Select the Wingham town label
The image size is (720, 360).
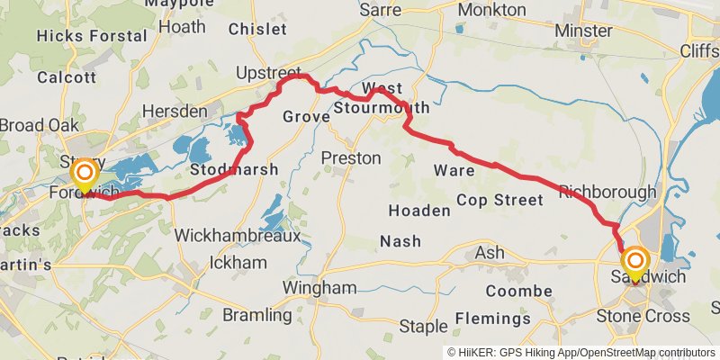(x=320, y=288)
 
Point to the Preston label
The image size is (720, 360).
(x=351, y=158)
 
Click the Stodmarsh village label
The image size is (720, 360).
(x=234, y=169)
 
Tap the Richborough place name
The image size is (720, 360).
(x=607, y=192)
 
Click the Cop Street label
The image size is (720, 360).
(x=499, y=200)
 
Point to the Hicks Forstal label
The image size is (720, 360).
(x=91, y=36)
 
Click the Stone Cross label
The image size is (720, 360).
(x=643, y=316)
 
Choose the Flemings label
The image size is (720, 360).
(x=492, y=319)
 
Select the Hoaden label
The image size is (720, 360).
(x=418, y=211)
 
